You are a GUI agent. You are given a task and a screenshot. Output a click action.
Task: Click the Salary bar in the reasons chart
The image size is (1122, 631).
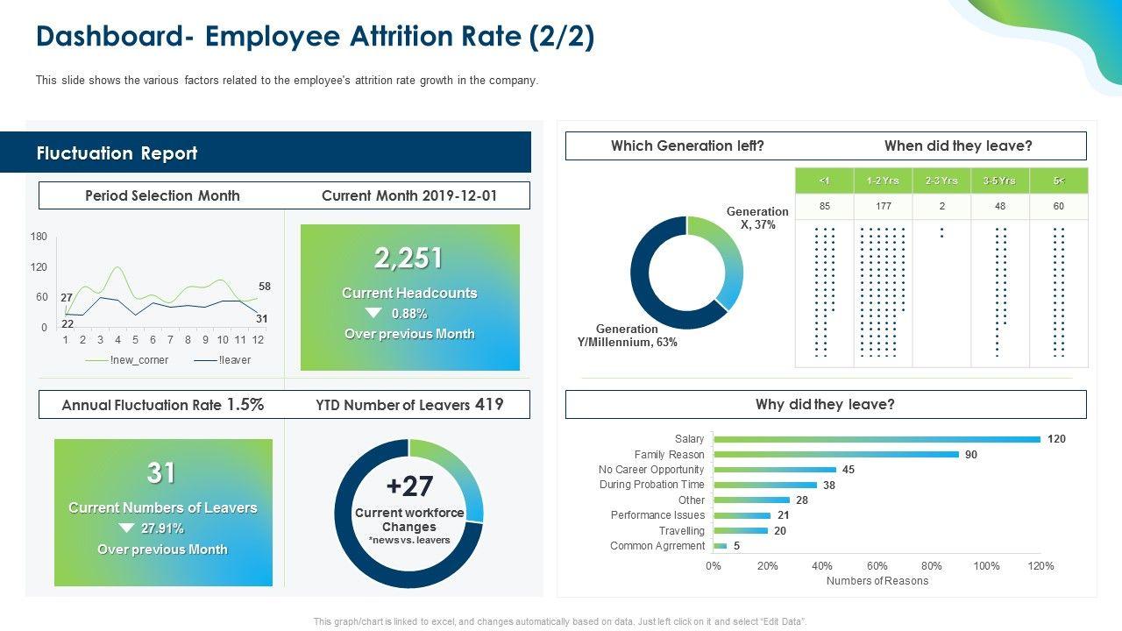click(x=877, y=439)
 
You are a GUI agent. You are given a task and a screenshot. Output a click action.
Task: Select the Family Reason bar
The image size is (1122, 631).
click(x=836, y=454)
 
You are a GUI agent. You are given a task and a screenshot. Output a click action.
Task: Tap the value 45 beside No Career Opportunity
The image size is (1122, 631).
click(x=849, y=470)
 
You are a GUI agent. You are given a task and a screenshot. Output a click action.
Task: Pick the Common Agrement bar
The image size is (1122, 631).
click(x=721, y=546)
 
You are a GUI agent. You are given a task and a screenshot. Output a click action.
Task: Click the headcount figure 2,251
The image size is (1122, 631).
click(x=408, y=259)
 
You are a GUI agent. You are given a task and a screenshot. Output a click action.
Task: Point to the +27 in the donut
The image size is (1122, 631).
click(x=409, y=486)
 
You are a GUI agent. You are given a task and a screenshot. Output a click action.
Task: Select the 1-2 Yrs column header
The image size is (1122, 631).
click(x=883, y=181)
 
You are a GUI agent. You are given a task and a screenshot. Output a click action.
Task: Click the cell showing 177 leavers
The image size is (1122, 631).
click(x=883, y=207)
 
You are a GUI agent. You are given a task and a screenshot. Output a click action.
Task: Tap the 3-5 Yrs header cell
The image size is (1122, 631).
click(x=999, y=181)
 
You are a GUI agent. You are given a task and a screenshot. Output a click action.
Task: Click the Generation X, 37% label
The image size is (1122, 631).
click(x=756, y=218)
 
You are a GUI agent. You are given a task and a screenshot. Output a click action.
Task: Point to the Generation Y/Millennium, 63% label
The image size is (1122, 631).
click(x=627, y=336)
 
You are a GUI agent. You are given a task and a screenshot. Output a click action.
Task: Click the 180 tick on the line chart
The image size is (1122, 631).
click(x=39, y=237)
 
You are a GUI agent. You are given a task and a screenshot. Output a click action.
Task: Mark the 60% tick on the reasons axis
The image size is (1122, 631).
click(x=877, y=566)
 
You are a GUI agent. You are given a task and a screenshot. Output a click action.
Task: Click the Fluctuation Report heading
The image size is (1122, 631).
click(x=117, y=153)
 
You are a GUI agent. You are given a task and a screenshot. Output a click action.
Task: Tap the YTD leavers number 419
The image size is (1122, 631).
click(x=489, y=404)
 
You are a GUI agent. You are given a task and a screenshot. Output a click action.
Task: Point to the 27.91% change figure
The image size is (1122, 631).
click(x=162, y=528)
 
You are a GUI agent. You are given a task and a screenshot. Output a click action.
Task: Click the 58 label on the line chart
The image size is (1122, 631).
click(x=265, y=287)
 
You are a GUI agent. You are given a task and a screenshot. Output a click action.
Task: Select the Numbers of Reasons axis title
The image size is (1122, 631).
click(x=877, y=581)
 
